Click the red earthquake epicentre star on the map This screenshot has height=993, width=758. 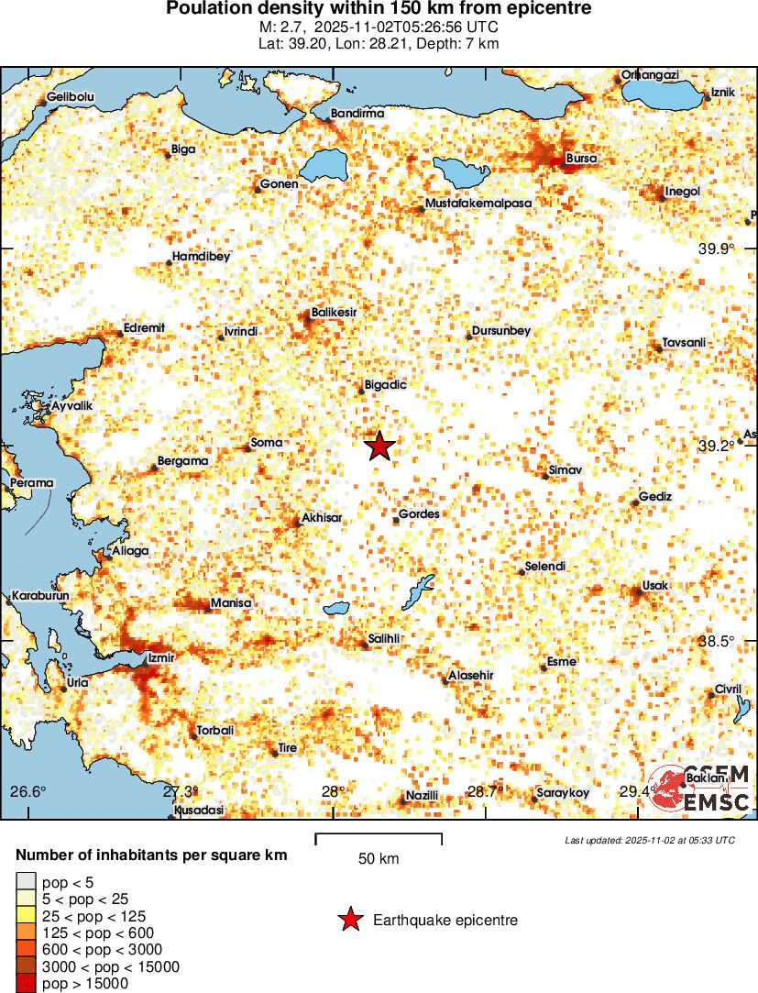tap(379, 447)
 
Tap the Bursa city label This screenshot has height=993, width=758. tap(582, 159)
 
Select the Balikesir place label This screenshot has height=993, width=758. tap(334, 313)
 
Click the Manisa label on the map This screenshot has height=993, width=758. tap(230, 603)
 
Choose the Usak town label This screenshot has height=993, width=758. tap(656, 585)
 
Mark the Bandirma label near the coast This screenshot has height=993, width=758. tap(357, 113)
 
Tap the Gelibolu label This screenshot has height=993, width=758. tap(71, 96)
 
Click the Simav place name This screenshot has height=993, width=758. tap(566, 469)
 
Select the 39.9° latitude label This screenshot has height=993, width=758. tap(717, 248)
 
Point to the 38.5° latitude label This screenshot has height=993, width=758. tap(717, 641)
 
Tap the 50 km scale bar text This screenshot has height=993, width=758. tap(379, 859)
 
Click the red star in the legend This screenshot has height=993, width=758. tap(349, 920)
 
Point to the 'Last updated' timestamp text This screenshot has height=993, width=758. tap(650, 840)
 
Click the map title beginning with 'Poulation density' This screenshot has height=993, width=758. tap(379, 9)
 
